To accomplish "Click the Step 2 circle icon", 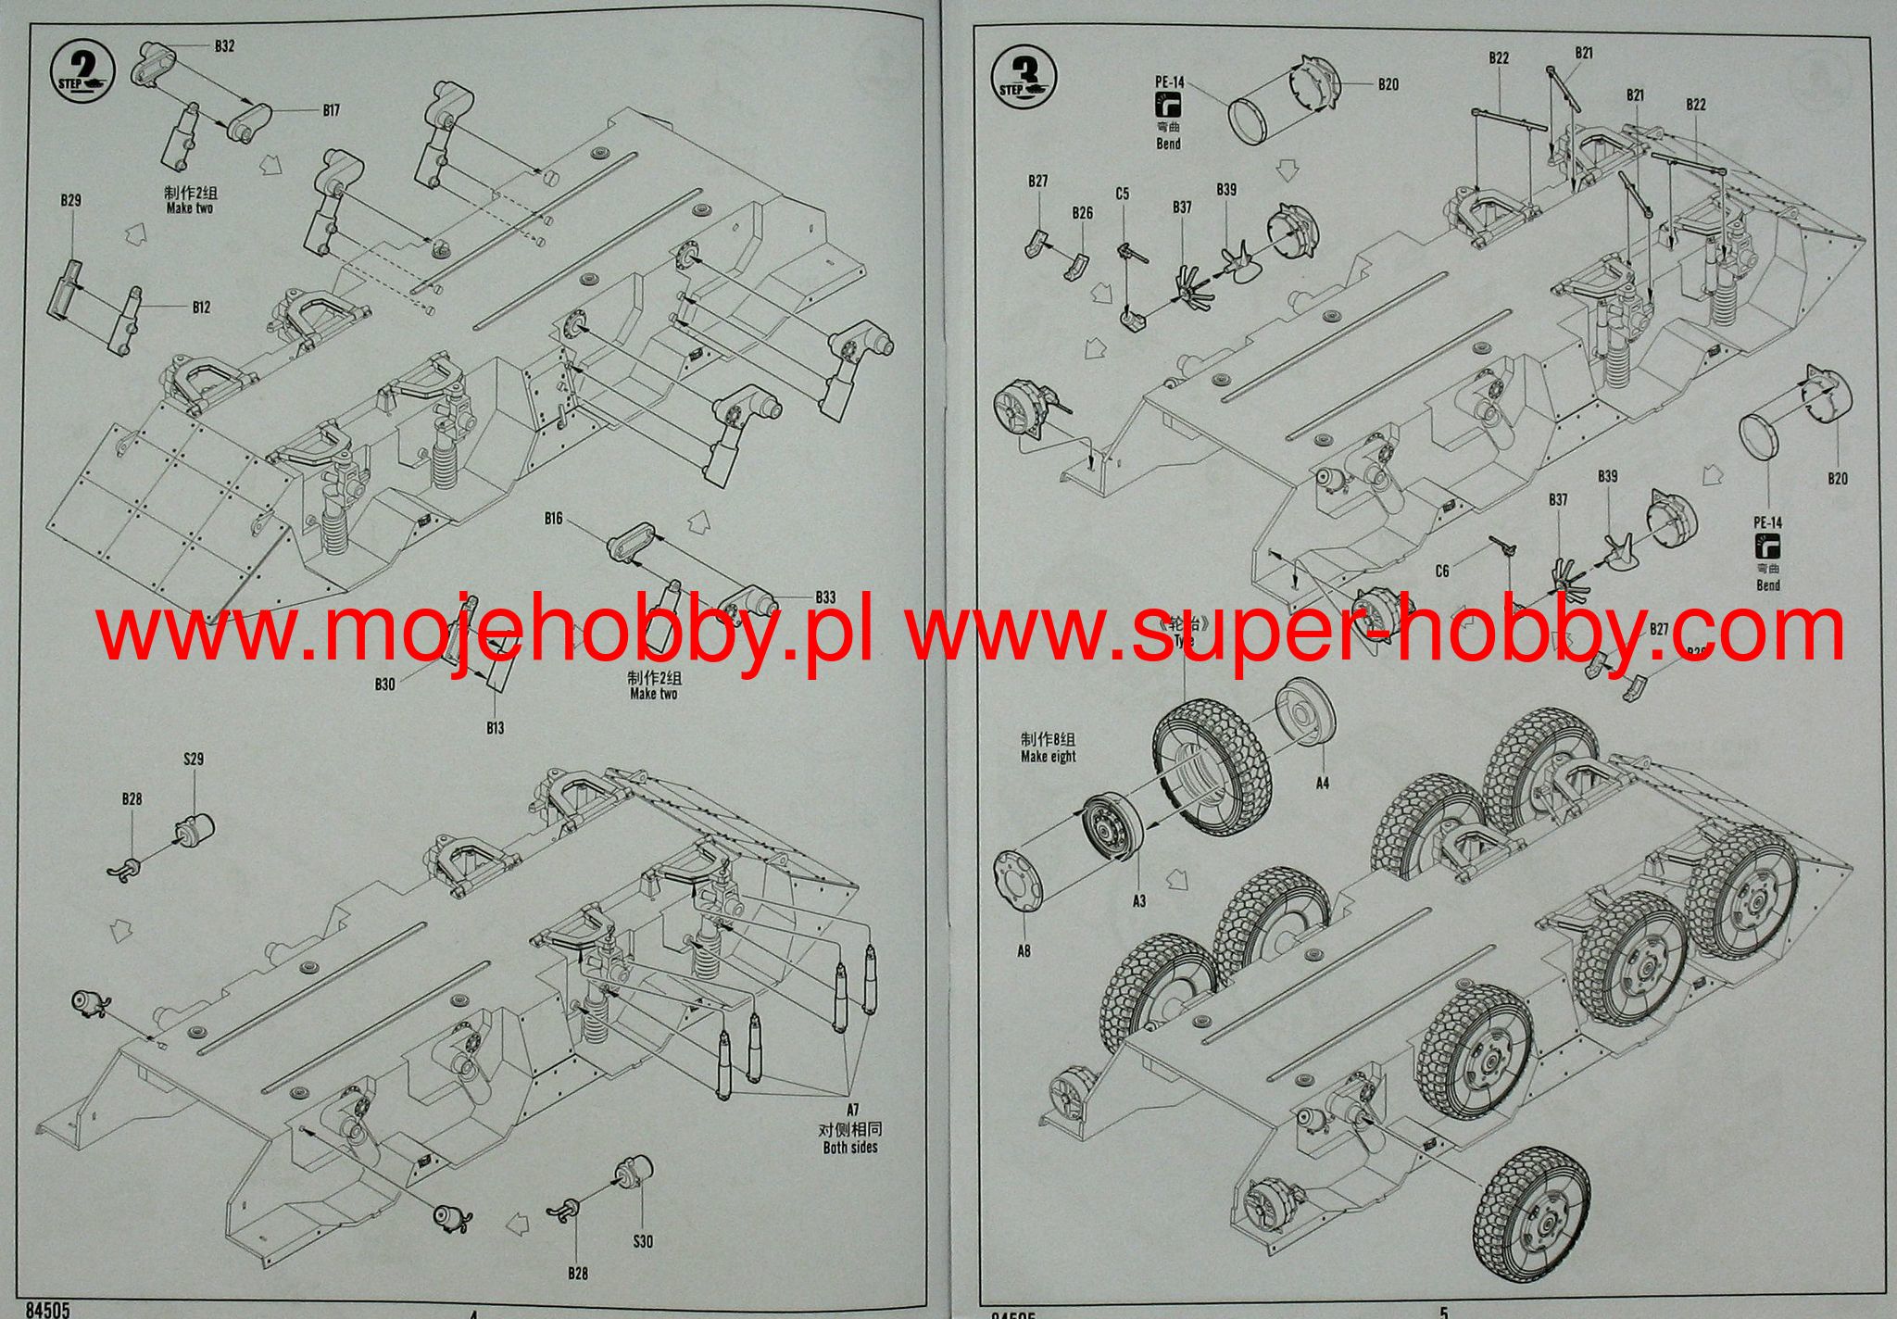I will coord(82,69).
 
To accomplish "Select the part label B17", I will coord(331,110).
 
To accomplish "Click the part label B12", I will coord(201,307).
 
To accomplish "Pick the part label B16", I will coord(553,518).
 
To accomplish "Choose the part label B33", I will coord(824,597).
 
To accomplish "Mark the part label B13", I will coord(496,728).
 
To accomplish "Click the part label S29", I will coord(193,760).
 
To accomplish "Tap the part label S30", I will coord(643,1240).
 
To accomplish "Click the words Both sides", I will coord(849,1148).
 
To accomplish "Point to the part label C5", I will coord(1122,194).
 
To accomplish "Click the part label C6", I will coord(1441,572).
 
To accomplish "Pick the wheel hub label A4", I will coord(1322,783).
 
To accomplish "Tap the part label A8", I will coord(1024,950).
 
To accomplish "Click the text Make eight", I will coord(1048,756).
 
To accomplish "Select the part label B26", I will coord(1082,213).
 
